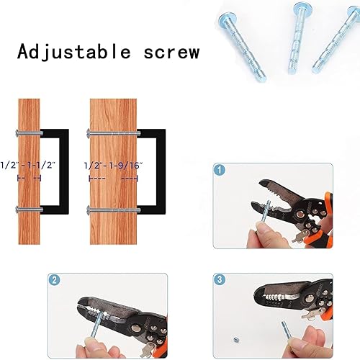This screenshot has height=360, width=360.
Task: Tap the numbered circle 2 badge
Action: point(54,280)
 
